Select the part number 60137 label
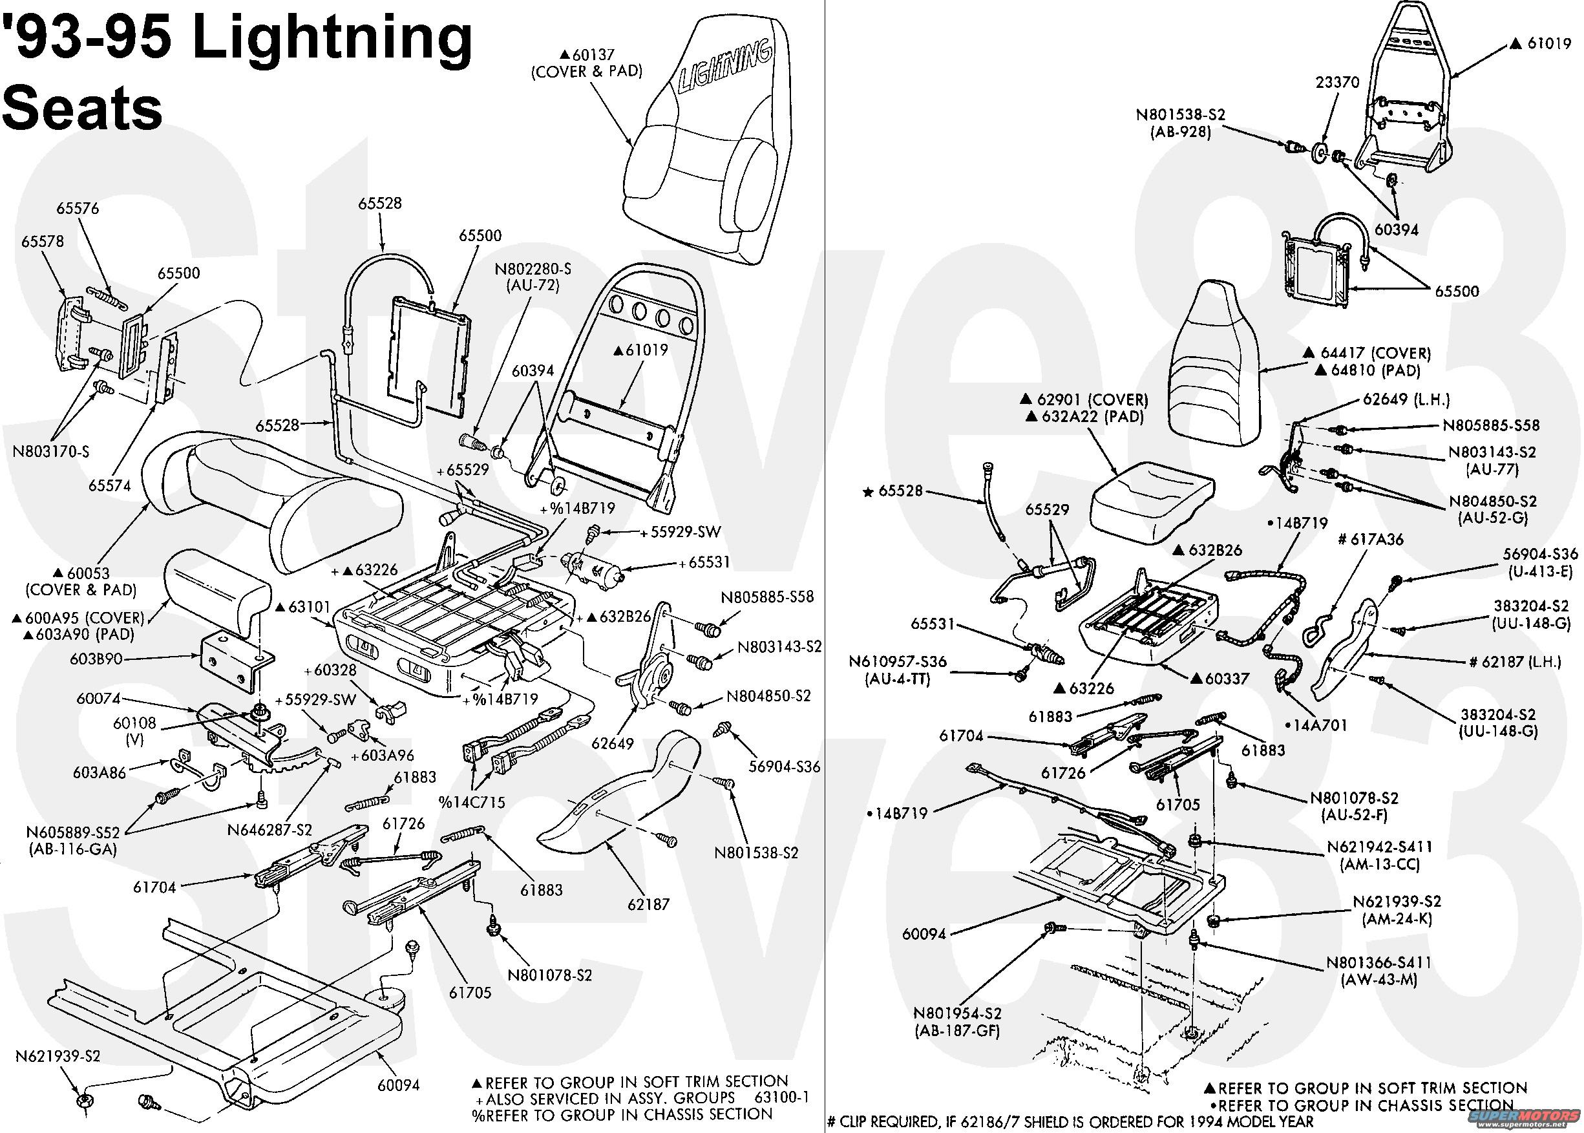[x=591, y=54]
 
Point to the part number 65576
[x=78, y=208]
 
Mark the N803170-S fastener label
[x=51, y=451]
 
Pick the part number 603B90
[x=96, y=658]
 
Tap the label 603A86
[x=100, y=772]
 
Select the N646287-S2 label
[x=270, y=829]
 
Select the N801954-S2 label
[x=957, y=1013]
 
